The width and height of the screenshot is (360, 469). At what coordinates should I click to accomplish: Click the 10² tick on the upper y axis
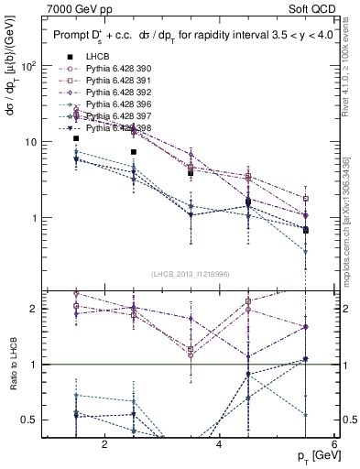(x=27, y=66)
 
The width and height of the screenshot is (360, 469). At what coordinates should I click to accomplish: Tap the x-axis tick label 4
(x=219, y=445)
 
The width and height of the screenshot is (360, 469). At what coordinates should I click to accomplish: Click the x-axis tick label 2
(x=104, y=445)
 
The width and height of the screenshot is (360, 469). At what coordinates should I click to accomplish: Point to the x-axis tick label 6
(x=333, y=445)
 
